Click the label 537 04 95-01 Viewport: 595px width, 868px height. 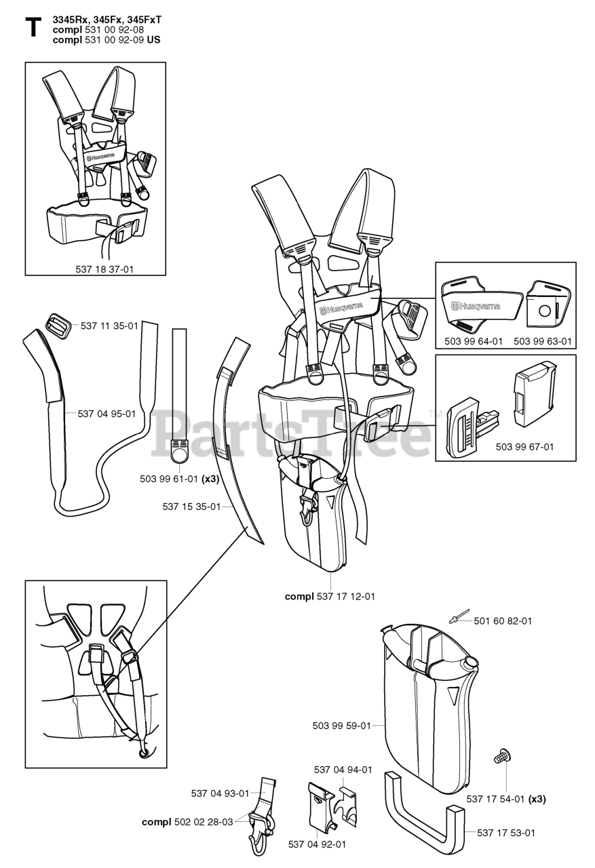107,414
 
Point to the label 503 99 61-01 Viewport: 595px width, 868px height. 169,479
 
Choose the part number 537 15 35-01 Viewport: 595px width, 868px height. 191,506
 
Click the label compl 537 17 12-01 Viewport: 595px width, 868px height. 330,597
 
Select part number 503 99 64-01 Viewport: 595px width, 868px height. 474,341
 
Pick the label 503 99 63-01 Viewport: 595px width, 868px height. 542,341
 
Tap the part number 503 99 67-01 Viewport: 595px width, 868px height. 524,447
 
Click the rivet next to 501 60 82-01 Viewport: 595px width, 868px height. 455,618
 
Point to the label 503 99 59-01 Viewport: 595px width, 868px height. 341,726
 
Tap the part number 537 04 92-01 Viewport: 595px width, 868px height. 317,844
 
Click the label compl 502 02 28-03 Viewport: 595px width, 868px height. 187,822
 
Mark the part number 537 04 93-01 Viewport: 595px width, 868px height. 220,793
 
